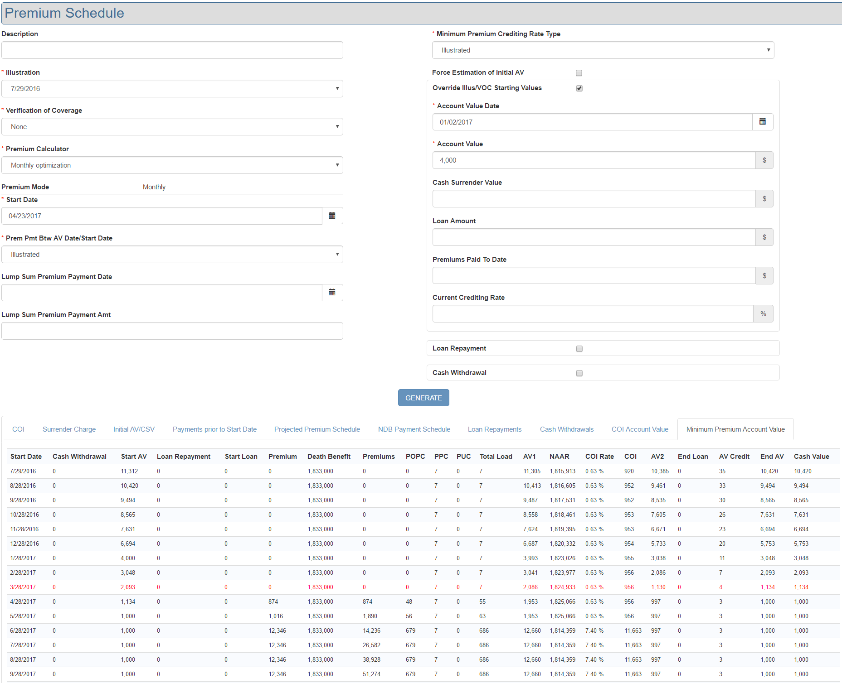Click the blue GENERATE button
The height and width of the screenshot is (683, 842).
[x=423, y=398]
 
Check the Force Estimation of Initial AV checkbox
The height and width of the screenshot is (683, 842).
[x=579, y=73]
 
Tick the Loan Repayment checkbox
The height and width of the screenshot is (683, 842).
[x=579, y=349]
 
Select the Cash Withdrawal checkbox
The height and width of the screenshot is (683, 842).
[x=579, y=373]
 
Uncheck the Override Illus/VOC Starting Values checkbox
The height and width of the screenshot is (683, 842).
[x=579, y=88]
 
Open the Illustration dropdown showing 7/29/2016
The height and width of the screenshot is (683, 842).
[x=172, y=89]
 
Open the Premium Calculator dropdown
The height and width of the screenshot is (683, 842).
[x=172, y=165]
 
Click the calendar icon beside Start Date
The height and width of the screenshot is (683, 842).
[x=332, y=216]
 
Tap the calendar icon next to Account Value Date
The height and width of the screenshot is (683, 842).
[x=762, y=122]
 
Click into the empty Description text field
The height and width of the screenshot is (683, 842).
[x=172, y=50]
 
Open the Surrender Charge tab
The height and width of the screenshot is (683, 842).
[x=69, y=429]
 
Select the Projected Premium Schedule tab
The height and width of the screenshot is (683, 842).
[x=317, y=429]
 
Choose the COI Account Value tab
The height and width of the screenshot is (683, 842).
[x=640, y=429]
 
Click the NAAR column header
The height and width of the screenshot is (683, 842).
[x=559, y=457]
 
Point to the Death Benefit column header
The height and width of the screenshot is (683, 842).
[x=329, y=457]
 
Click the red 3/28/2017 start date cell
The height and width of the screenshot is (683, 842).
[x=23, y=587]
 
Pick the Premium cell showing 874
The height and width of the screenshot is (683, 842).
[x=273, y=601]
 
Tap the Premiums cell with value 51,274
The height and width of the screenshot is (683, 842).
[x=371, y=674]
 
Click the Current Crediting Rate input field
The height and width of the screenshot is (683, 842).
[x=592, y=314]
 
